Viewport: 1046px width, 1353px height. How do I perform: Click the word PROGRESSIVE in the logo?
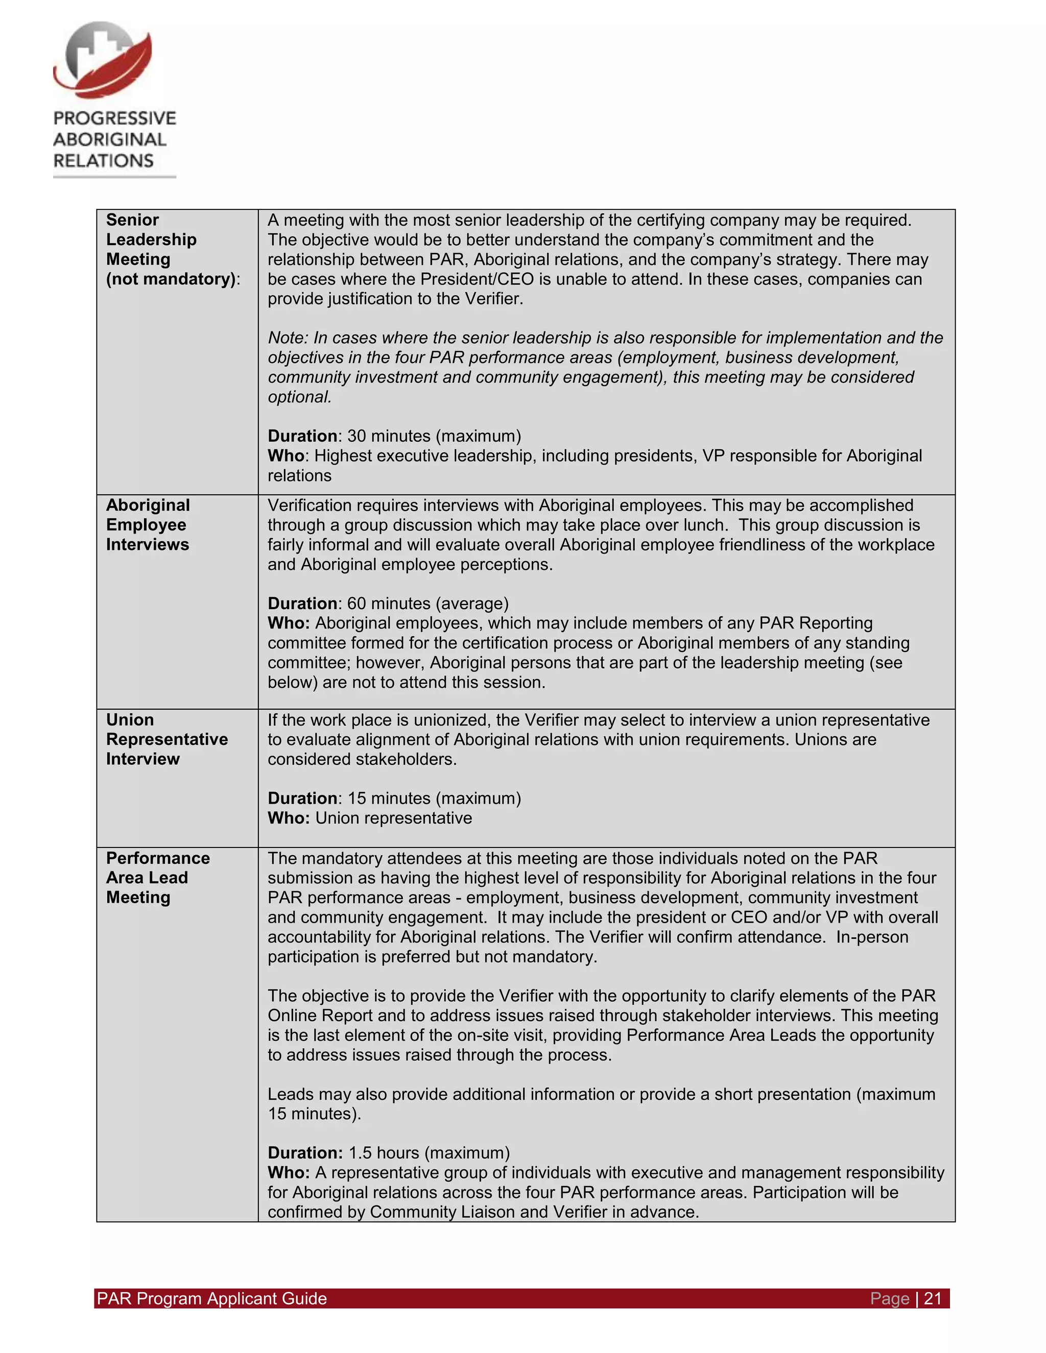pyautogui.click(x=114, y=118)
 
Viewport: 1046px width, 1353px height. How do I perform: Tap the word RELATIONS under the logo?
pyautogui.click(x=104, y=161)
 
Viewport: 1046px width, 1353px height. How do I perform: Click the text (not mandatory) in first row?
pyautogui.click(x=172, y=279)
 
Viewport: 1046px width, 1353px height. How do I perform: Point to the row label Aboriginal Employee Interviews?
pyautogui.click(x=148, y=525)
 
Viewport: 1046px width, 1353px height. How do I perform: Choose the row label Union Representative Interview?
pyautogui.click(x=166, y=739)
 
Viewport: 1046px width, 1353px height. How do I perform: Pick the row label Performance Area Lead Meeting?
pyautogui.click(x=157, y=877)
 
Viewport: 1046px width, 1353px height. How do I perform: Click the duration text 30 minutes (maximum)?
pyautogui.click(x=434, y=436)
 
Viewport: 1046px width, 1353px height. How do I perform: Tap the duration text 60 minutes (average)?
pyautogui.click(x=427, y=603)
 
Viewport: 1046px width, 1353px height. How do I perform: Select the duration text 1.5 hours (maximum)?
pyautogui.click(x=429, y=1153)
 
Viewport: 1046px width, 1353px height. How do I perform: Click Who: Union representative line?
pyautogui.click(x=369, y=818)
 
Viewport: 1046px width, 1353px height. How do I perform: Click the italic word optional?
pyautogui.click(x=299, y=397)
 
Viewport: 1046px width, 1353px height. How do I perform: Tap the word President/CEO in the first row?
pyautogui.click(x=477, y=279)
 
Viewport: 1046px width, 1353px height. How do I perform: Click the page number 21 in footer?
pyautogui.click(x=933, y=1298)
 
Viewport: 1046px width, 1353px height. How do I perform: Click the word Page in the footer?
pyautogui.click(x=889, y=1298)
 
